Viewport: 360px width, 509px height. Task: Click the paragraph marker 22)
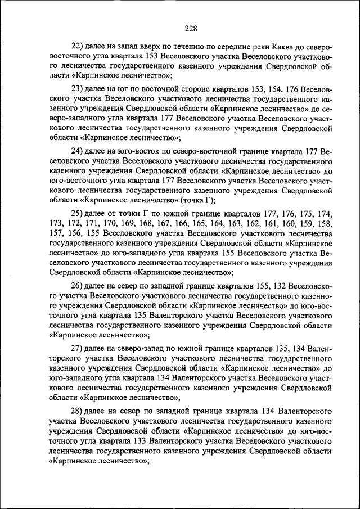click(x=77, y=46)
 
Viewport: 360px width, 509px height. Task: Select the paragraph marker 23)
click(x=77, y=89)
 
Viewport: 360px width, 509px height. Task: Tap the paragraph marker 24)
click(x=77, y=152)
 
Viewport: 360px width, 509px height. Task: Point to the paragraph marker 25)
click(x=77, y=214)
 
